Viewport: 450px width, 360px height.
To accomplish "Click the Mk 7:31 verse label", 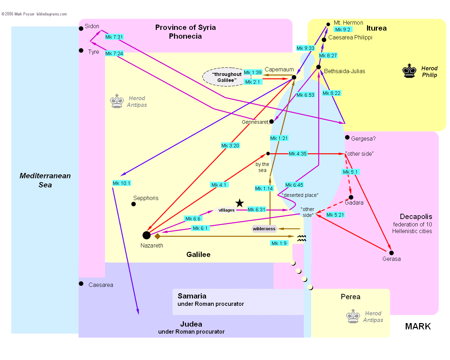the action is point(114,37).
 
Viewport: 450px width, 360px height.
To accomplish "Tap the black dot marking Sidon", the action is point(81,28).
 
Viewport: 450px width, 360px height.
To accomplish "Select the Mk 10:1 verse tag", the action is point(122,183).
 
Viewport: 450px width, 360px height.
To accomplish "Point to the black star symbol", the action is point(240,203).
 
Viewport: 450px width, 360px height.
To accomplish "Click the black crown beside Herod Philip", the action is point(410,71).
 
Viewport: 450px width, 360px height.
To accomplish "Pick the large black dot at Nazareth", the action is point(147,235).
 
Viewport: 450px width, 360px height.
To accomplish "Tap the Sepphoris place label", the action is point(146,198).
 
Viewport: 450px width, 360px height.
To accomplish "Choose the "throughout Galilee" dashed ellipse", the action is point(227,77).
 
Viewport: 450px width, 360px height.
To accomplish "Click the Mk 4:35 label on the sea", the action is point(298,154).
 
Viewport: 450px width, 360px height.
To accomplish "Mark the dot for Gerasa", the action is point(391,253).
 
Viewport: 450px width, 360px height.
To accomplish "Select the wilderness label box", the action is point(264,229).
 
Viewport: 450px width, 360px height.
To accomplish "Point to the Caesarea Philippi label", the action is point(350,38).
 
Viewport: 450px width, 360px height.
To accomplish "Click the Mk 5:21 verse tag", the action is point(335,215).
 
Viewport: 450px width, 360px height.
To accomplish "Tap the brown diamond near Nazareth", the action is point(157,236).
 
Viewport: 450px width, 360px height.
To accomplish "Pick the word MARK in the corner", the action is point(418,326).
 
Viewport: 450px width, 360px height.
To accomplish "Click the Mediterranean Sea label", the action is point(45,180).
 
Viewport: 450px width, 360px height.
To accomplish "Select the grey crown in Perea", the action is point(353,316).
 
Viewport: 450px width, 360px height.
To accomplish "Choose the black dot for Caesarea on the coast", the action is point(81,284).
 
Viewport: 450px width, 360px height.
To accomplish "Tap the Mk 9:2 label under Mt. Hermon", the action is point(343,30).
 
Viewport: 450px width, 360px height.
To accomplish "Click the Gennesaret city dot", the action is point(272,122).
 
